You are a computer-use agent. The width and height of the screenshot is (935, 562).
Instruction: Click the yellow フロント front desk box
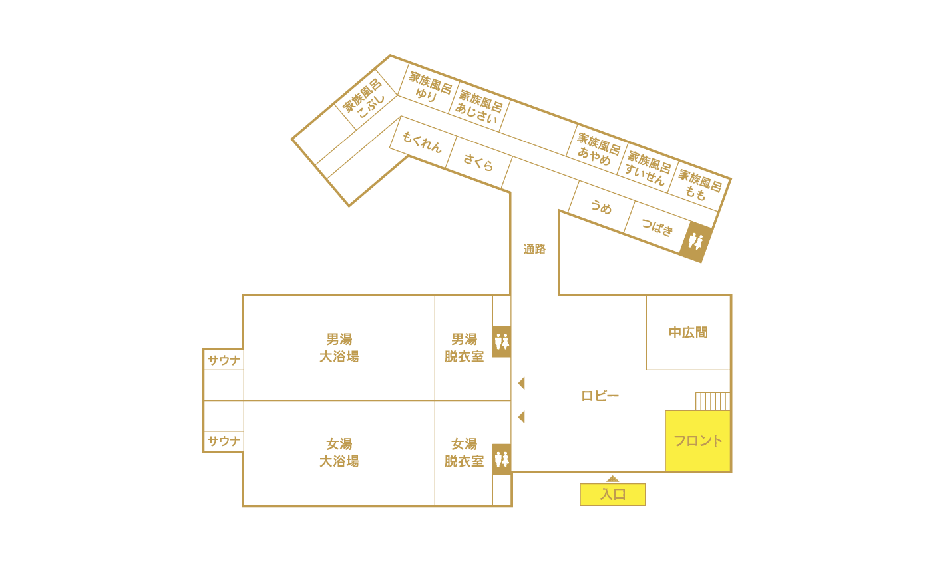698,441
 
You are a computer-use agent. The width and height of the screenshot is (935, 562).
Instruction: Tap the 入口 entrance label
612,495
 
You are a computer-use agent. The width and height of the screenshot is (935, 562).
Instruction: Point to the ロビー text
600,396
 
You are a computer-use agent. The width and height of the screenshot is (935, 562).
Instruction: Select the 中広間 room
688,332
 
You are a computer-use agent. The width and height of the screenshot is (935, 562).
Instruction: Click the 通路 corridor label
534,249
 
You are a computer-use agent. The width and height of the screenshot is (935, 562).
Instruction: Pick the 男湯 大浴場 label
339,348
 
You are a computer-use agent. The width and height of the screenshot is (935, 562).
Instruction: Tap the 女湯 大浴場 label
339,453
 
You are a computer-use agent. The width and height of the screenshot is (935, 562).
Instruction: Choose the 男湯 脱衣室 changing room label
464,348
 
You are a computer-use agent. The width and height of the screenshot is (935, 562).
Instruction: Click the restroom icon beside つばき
695,241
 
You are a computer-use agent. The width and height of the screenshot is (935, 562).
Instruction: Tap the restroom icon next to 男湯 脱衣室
502,342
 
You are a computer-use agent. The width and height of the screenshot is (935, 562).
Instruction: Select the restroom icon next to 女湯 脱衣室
502,459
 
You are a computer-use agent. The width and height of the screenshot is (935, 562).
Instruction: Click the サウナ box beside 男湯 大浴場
224,360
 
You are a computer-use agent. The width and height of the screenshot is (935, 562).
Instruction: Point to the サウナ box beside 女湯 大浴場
224,441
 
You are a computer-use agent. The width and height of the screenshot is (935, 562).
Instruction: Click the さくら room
478,162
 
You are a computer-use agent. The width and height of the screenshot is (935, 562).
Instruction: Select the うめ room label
601,207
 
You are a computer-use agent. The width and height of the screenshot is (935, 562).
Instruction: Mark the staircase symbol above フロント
713,401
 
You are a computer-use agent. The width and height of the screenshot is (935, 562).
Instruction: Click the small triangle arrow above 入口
613,479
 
